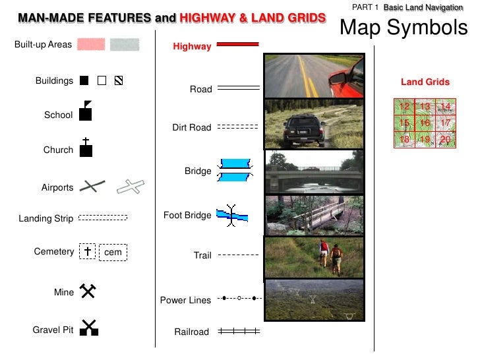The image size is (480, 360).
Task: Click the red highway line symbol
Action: [x=237, y=45]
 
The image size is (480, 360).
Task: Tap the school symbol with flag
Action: [x=85, y=112]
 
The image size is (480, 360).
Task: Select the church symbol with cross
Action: [x=85, y=148]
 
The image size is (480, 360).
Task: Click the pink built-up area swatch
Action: [x=91, y=44]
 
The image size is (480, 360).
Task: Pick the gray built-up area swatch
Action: [x=125, y=44]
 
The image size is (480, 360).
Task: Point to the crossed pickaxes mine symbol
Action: [x=88, y=291]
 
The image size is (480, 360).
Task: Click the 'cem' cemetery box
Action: [x=113, y=252]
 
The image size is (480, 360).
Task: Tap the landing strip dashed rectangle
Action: [x=103, y=217]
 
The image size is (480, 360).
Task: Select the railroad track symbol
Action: [x=238, y=332]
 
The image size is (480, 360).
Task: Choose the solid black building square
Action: [x=84, y=81]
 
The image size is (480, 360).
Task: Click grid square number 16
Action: [x=425, y=123]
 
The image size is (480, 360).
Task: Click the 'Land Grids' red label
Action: [x=425, y=82]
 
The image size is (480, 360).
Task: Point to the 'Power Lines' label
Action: [x=185, y=300]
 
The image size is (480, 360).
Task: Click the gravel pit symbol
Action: [x=88, y=328]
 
